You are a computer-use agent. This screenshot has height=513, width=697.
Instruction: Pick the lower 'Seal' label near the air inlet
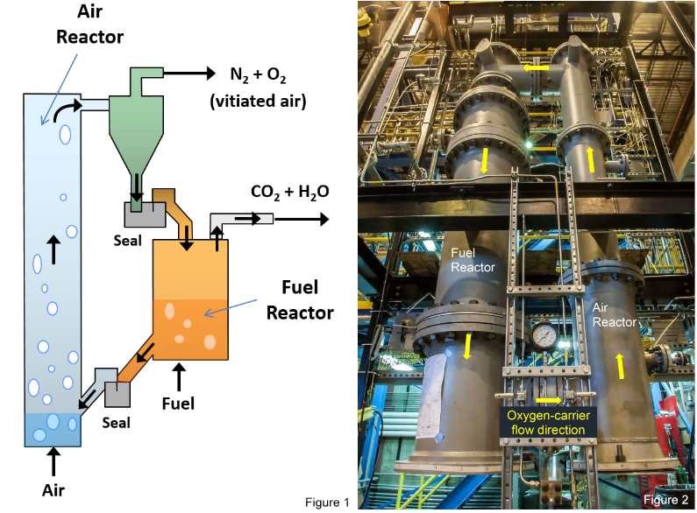[115, 422]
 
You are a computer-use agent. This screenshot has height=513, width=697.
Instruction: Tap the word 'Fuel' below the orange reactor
[180, 404]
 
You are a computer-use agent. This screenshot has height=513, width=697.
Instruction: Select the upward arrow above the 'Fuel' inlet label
[180, 376]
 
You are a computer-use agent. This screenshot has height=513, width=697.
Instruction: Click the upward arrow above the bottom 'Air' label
[54, 460]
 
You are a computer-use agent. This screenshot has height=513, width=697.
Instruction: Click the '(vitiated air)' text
[260, 102]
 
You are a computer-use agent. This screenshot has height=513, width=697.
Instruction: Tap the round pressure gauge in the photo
[544, 335]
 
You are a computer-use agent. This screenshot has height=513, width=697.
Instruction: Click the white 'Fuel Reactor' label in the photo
[473, 260]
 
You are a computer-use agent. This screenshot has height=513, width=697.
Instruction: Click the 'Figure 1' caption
[327, 502]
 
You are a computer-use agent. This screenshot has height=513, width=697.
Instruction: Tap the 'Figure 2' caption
[665, 500]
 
